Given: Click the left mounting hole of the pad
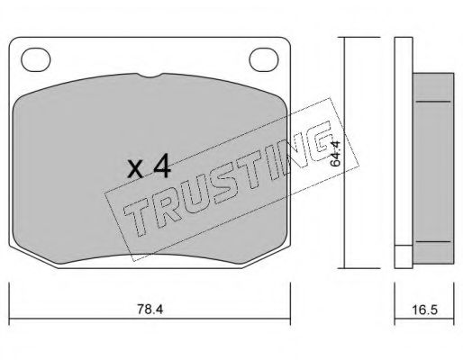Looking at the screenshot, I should pyautogui.click(x=35, y=62).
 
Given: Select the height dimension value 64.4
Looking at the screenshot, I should pyautogui.click(x=335, y=155).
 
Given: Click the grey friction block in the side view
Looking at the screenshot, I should pyautogui.click(x=434, y=166).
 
